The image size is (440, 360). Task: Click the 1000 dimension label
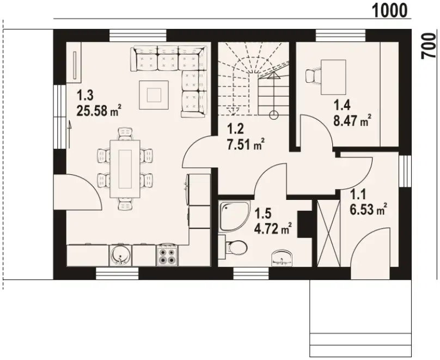tap(389, 11)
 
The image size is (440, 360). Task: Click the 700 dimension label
tap(429, 46)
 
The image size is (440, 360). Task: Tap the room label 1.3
tap(85, 96)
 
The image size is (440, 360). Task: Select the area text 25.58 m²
tap(99, 111)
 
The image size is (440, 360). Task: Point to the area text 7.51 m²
tap(246, 144)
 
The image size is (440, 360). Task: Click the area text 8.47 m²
tap(352, 121)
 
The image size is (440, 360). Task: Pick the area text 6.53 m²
tap(369, 209)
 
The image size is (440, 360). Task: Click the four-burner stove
tap(168, 255)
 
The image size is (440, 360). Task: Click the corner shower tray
tap(234, 215)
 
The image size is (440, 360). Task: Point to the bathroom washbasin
tap(282, 258)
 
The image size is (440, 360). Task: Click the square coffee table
tap(154, 95)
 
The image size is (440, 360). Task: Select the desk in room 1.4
tap(333, 77)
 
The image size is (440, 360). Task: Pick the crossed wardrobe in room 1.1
tap(328, 233)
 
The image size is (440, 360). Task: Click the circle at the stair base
tap(273, 115)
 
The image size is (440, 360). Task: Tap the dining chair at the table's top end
tap(125, 133)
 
